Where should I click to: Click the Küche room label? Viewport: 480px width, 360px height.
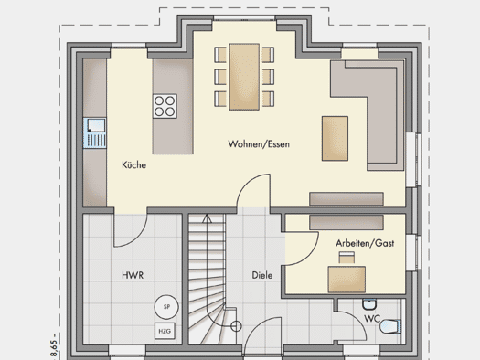click(x=133, y=164)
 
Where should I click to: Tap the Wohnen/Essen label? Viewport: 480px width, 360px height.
click(x=259, y=144)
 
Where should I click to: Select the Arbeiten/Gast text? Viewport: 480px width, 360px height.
click(x=365, y=243)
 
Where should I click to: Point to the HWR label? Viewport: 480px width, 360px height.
click(x=133, y=275)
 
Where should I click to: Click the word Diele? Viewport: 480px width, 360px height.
click(x=262, y=275)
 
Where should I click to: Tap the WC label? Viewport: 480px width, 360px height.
click(x=372, y=319)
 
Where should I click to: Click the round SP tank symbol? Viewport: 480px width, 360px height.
click(x=166, y=307)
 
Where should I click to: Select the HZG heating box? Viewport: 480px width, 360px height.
click(x=165, y=331)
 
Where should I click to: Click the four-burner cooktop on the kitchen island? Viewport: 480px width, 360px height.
click(x=165, y=106)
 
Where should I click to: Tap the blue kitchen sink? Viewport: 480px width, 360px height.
click(x=95, y=133)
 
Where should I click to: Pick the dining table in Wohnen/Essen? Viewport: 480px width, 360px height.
click(x=244, y=77)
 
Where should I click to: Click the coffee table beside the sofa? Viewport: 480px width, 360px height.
click(x=335, y=138)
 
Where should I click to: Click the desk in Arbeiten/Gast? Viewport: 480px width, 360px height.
click(x=347, y=280)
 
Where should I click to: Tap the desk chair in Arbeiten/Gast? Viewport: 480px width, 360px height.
click(x=347, y=258)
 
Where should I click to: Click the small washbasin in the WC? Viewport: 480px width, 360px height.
click(x=369, y=304)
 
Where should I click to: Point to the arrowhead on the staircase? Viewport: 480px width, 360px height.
click(x=208, y=218)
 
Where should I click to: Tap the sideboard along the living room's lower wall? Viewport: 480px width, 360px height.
click(x=347, y=199)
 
